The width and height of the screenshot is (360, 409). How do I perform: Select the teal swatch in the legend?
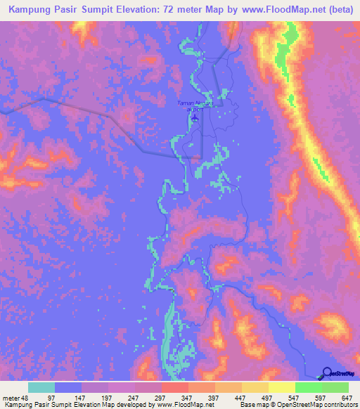pos(41,387)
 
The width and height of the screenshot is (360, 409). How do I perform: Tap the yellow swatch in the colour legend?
pos(281,387)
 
